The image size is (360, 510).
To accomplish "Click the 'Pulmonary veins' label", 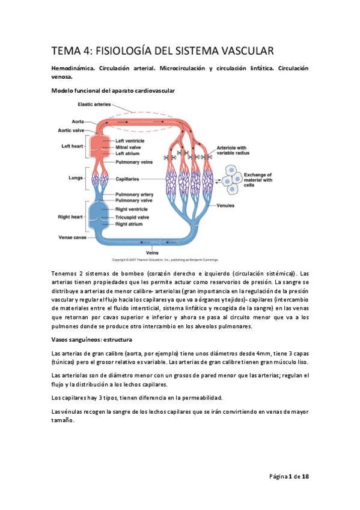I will click(133, 162).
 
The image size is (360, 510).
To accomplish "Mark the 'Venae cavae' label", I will click(73, 237).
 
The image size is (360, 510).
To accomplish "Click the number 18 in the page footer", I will click(305, 476).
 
